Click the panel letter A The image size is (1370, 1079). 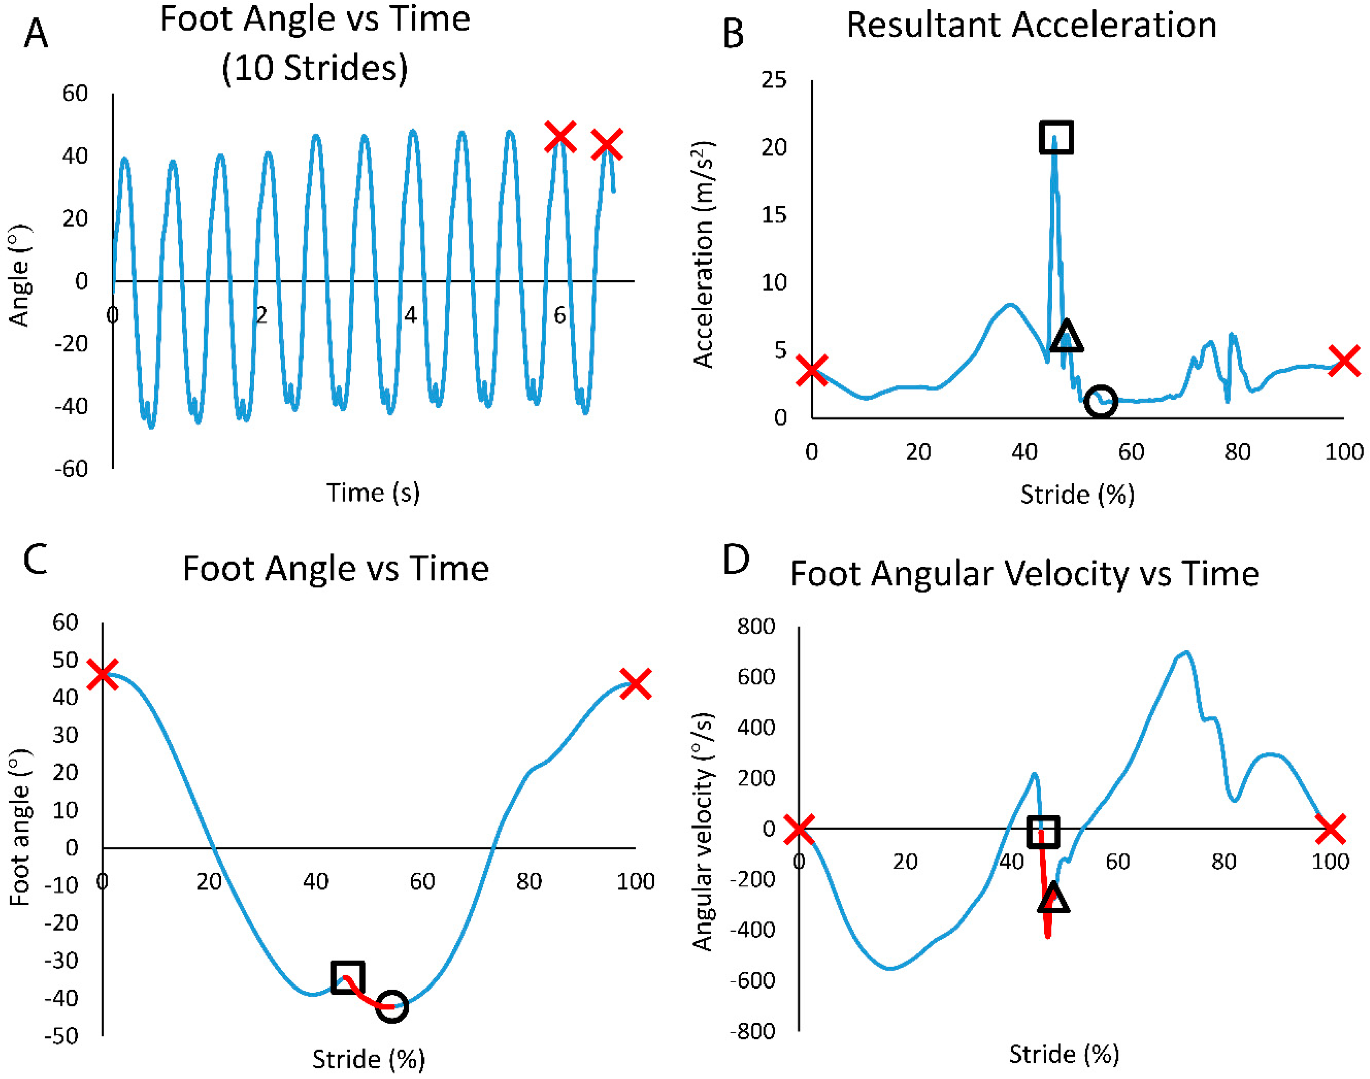pos(36,33)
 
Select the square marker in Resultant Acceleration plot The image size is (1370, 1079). pos(1056,137)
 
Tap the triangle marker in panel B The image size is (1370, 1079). pos(1066,337)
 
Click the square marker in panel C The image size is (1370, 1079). pos(347,977)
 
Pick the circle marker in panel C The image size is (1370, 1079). pos(392,1006)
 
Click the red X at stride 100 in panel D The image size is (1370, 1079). pos(1330,829)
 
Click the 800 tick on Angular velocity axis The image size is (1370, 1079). pos(756,626)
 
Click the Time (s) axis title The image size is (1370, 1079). pos(373,492)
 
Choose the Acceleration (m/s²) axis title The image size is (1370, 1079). pos(703,254)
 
